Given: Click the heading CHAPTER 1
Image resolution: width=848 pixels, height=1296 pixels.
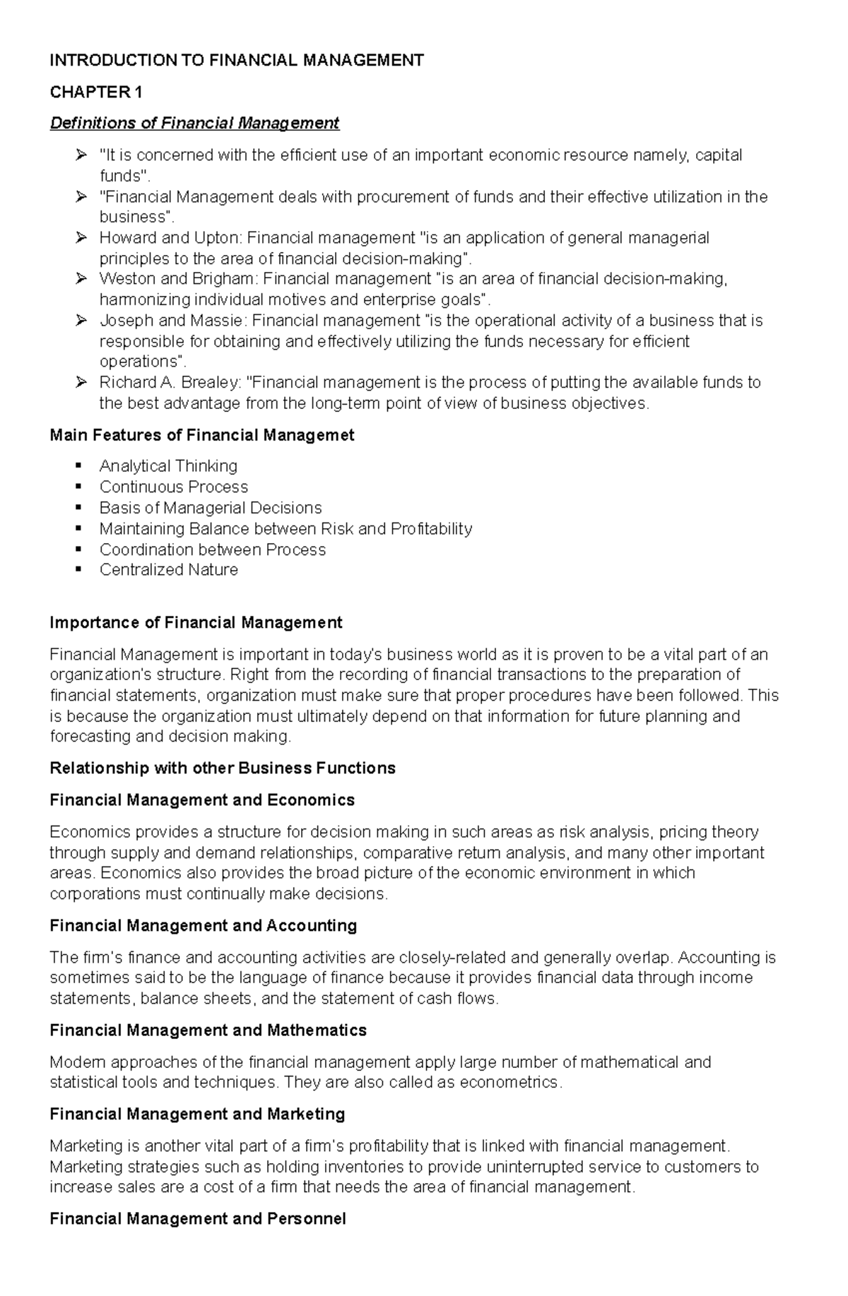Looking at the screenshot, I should [x=96, y=92].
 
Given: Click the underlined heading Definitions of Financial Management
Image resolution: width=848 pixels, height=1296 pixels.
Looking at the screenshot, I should [x=194, y=123].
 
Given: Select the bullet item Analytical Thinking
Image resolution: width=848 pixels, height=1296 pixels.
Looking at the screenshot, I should [x=168, y=466].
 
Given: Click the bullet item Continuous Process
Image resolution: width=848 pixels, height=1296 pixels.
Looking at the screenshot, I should [x=174, y=487].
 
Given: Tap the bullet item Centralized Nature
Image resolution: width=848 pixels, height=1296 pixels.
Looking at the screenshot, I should [x=168, y=570].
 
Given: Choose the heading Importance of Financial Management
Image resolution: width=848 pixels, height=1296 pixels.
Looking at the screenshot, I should [x=196, y=622].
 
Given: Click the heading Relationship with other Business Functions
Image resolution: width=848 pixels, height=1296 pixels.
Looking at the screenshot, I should [x=223, y=768].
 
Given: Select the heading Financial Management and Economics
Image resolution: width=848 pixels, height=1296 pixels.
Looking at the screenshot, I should [x=202, y=799].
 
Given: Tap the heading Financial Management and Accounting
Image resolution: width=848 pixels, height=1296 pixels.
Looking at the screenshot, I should [x=203, y=925].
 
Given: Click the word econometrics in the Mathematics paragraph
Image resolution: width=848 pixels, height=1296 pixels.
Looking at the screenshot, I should [x=510, y=1083].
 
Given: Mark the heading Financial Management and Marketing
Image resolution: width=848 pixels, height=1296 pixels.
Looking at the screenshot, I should [x=197, y=1114].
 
